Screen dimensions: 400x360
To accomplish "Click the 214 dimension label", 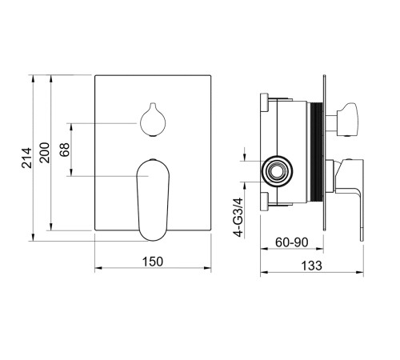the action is point(26,158).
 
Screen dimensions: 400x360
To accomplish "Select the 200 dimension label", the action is point(45,153).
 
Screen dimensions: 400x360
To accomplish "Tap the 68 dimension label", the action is point(65,150).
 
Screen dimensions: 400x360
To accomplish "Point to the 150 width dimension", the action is point(153,262).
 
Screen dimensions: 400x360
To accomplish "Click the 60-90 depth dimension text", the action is point(292,242).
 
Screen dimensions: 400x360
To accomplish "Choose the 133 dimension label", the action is point(311,266).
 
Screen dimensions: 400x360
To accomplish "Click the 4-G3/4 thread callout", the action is point(238,218).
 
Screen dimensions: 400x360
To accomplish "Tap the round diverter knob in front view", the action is point(153,119).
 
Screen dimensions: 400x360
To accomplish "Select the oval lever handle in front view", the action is point(153,200).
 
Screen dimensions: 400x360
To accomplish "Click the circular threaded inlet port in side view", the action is point(277,171).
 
